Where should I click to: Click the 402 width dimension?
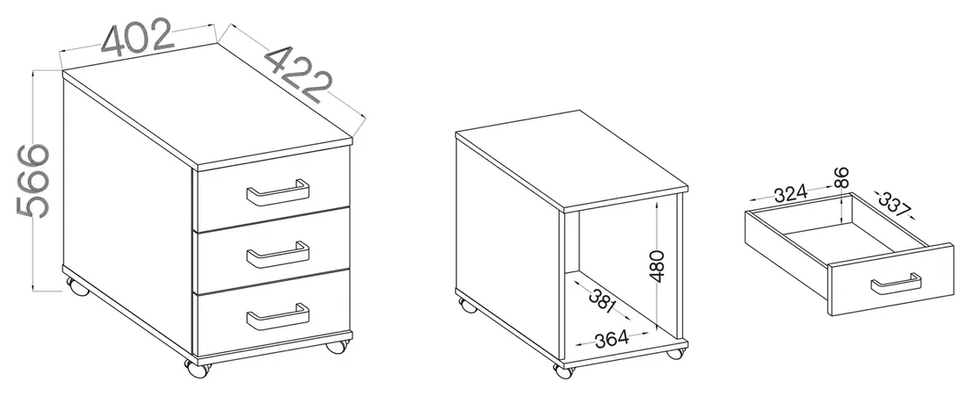137,38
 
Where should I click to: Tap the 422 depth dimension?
299,75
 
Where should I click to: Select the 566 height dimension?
33,181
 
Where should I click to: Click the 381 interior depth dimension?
602,300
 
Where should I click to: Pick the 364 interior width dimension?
611,338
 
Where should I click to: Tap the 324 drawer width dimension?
790,194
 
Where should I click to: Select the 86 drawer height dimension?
841,177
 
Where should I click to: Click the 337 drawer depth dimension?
894,205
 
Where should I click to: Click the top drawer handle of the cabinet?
278,193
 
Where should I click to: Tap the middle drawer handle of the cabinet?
278,255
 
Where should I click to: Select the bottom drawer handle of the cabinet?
278,317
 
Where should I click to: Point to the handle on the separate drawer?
896,284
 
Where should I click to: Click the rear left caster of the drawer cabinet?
77,286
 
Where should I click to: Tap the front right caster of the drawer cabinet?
337,345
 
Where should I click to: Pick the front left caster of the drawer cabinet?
198,368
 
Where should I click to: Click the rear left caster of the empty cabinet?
467,305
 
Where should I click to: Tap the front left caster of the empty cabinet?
563,371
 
